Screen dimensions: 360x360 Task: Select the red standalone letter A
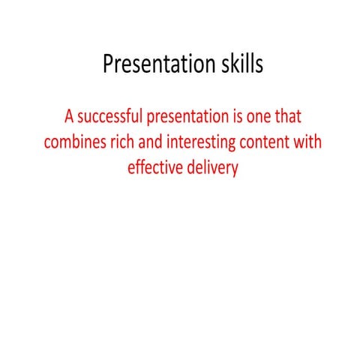coord(70,117)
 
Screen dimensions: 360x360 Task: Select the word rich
coord(124,142)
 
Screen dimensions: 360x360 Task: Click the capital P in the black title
coord(109,65)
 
